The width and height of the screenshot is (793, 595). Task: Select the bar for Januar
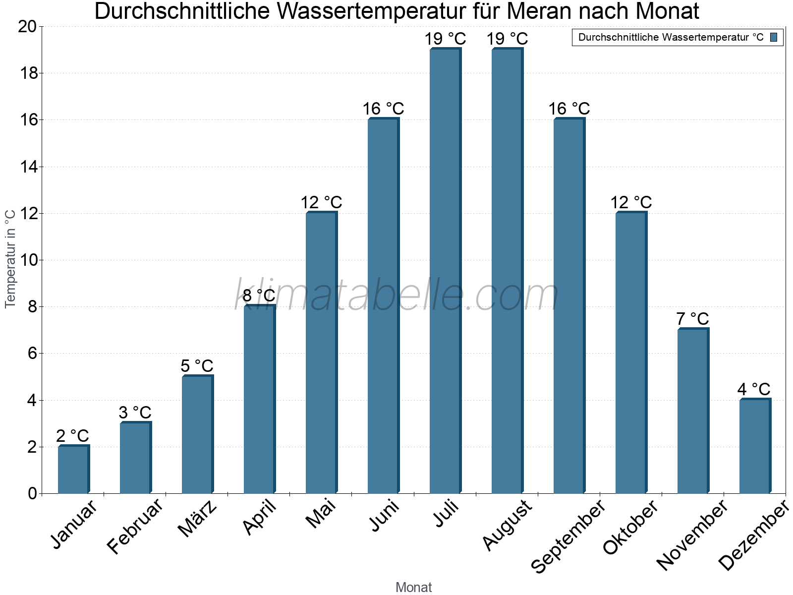coord(73,470)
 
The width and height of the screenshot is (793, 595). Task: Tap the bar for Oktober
coord(631,353)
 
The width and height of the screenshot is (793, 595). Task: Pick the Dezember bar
coord(755,446)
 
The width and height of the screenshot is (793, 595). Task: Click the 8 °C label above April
coord(259,296)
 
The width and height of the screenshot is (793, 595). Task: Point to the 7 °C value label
coord(693,319)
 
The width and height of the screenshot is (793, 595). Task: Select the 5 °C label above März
coord(197,366)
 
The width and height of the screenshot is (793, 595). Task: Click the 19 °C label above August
coord(507,39)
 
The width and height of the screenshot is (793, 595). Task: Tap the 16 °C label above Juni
coord(383,109)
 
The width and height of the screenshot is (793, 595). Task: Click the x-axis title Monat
coord(414,587)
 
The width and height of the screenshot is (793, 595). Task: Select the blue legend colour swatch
coord(774,37)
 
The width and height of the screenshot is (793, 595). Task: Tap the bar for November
coord(693,411)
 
